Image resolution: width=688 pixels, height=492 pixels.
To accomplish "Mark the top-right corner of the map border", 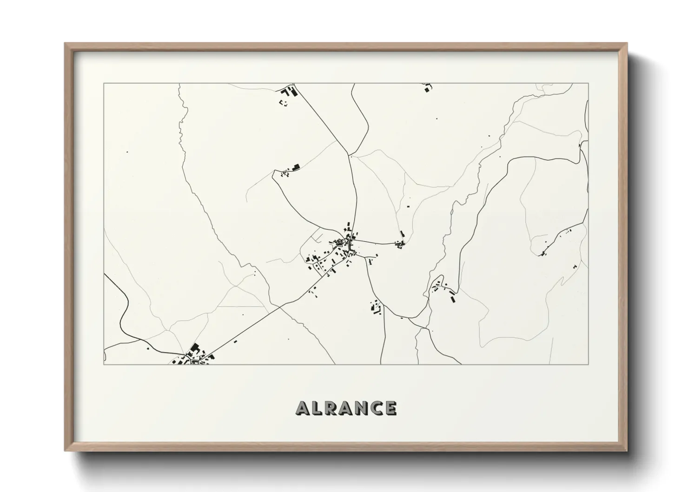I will [x=589, y=83].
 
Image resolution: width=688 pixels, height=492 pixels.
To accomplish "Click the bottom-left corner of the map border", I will [x=104, y=364].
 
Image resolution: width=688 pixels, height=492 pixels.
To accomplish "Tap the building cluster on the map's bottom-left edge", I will [x=193, y=356].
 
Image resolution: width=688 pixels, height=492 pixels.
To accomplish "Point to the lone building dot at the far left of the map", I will [x=127, y=152].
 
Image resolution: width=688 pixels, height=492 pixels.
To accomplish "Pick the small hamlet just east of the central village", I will [x=400, y=243].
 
